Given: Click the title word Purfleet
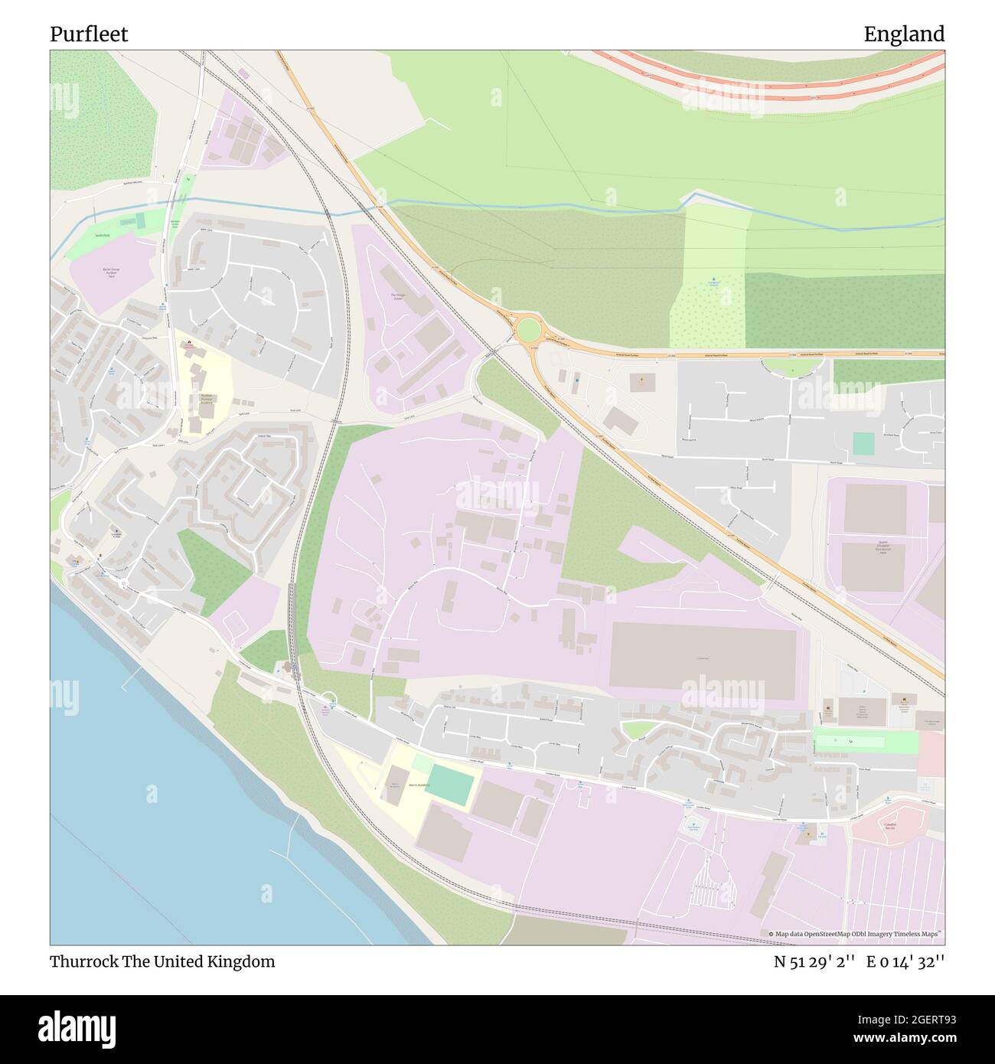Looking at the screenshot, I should click(x=89, y=34).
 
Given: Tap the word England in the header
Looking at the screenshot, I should click(x=904, y=34).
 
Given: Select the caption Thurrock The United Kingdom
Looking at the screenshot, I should click(x=162, y=961).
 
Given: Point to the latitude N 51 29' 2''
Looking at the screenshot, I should click(x=813, y=961).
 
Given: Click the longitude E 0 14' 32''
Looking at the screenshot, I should click(x=905, y=961).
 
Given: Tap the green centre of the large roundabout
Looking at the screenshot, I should click(x=527, y=331).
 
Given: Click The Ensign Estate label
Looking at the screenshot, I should click(x=397, y=297).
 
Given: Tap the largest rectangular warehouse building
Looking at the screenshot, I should click(x=703, y=659).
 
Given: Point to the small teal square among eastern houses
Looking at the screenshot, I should click(x=863, y=443).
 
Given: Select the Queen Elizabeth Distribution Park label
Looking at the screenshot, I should click(x=872, y=547).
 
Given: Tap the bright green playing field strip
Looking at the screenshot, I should click(x=865, y=742).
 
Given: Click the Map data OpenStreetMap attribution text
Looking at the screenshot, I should click(x=855, y=934).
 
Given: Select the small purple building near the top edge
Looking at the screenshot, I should click(x=243, y=73).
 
